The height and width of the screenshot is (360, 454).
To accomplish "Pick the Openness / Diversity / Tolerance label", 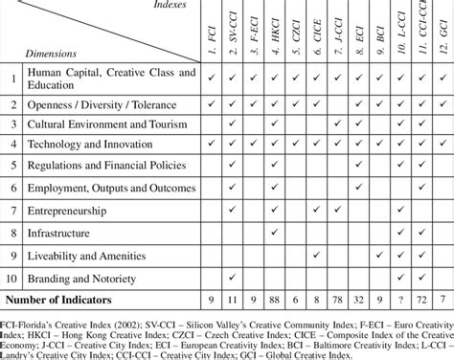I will [x=100, y=101].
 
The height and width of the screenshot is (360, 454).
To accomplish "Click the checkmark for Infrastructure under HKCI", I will [x=275, y=233].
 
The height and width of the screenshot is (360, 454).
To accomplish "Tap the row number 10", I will [x=12, y=279].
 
